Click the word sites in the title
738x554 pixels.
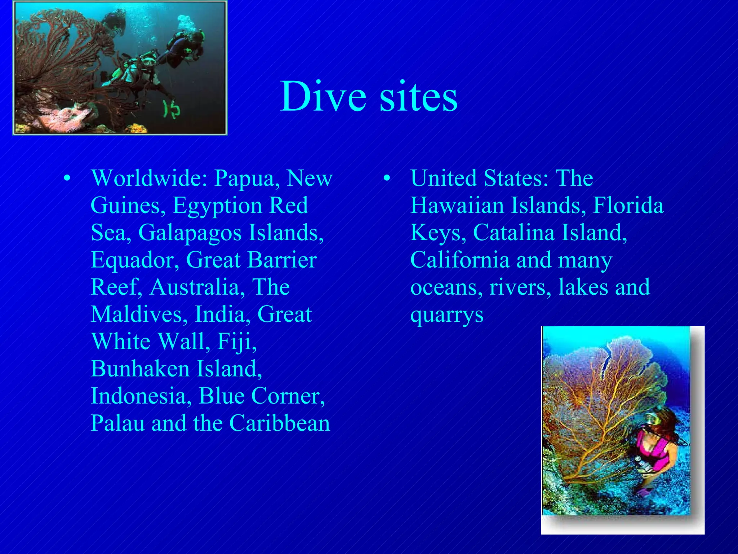[x=418, y=97]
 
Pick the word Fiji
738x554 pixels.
[x=237, y=342]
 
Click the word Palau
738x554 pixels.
[x=117, y=423]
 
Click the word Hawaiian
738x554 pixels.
[x=457, y=206]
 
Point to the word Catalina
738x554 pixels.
[x=514, y=233]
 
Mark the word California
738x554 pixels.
[x=461, y=260]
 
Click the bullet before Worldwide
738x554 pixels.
[x=67, y=178]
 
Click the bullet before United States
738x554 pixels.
[x=387, y=178]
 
